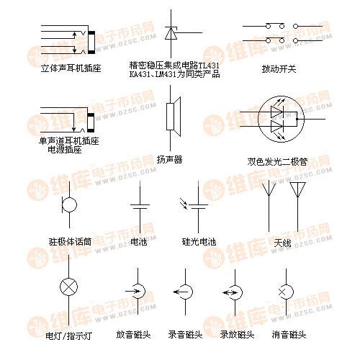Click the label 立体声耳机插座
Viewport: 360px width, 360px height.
pos(71,68)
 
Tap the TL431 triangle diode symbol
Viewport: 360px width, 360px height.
pos(171,33)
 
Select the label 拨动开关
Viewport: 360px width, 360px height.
pos(279,69)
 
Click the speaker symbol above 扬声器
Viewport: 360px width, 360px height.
pos(174,117)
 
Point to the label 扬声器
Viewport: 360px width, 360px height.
pos(169,160)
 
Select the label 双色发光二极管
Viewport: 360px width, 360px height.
pos(277,162)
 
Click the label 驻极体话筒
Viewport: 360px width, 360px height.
pos(70,242)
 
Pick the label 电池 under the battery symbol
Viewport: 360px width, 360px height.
pos(139,241)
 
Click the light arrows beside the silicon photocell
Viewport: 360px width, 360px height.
pos(184,203)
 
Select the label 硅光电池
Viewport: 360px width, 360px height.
pos(199,241)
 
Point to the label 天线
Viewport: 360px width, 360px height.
pos(282,243)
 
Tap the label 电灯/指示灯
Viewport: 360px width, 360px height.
pos(69,336)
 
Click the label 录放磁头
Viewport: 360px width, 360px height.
pos(237,335)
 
